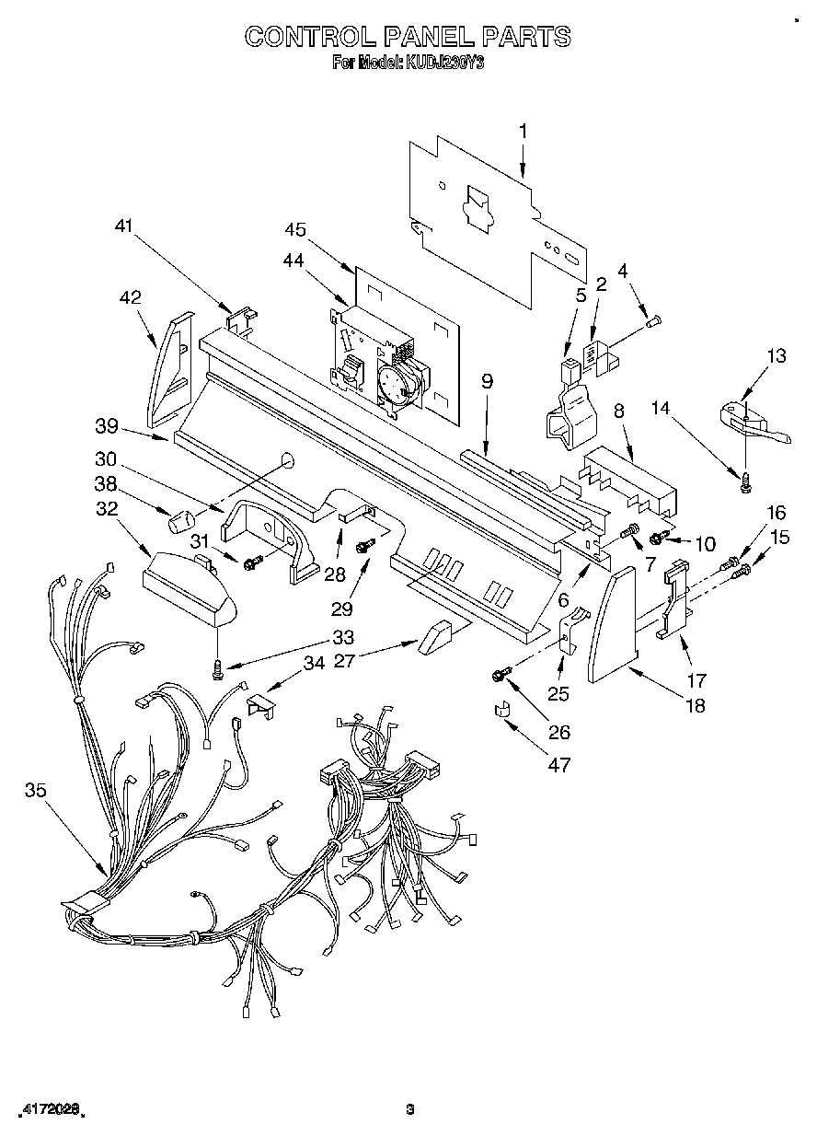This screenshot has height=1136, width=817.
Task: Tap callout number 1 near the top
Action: [524, 132]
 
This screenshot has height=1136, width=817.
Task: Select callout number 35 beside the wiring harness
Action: [36, 790]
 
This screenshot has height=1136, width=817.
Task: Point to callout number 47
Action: [558, 764]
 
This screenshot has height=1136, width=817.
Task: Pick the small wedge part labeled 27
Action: [435, 638]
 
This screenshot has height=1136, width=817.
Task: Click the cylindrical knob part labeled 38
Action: [178, 522]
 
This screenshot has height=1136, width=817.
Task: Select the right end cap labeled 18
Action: [611, 626]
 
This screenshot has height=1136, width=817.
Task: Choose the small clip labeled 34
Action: [261, 705]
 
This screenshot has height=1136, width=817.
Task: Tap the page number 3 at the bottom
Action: [410, 1109]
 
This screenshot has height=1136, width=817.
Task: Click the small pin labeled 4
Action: [655, 321]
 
